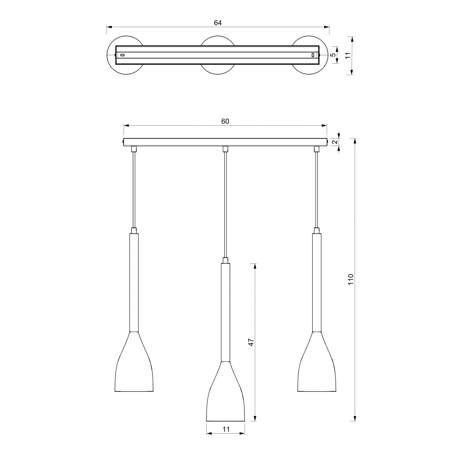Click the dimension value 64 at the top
point(218,23)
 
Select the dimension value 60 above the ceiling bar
point(225,121)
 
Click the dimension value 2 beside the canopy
point(335,142)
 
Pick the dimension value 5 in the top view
point(333,55)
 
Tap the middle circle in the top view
point(218,36)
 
